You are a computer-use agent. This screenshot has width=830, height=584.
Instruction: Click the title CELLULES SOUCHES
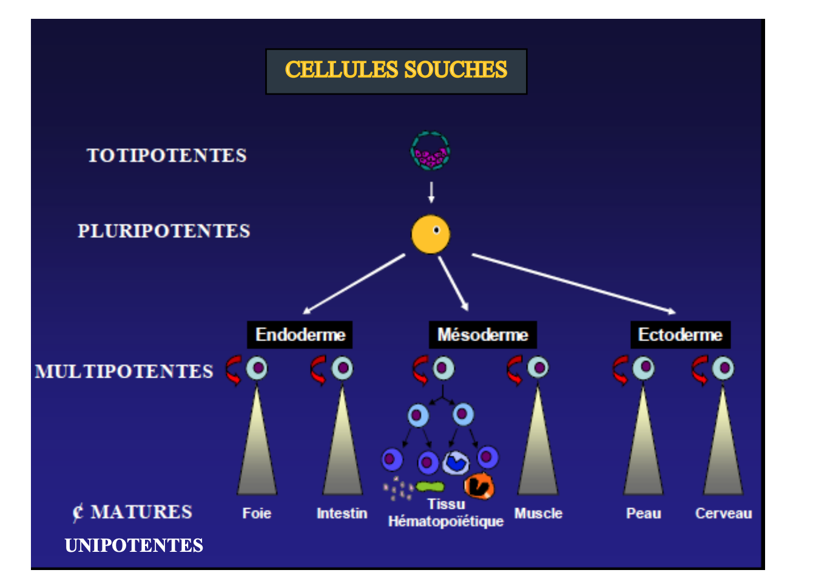pyautogui.click(x=396, y=70)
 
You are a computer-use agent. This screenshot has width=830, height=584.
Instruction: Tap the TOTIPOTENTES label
pyautogui.click(x=167, y=155)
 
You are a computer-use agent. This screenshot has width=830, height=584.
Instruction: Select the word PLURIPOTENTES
pyautogui.click(x=164, y=231)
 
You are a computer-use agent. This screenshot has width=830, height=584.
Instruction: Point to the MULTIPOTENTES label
pyautogui.click(x=124, y=372)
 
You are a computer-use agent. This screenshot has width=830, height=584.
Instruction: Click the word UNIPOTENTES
pyautogui.click(x=134, y=546)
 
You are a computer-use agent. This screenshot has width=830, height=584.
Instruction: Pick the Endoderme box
pyautogui.click(x=300, y=334)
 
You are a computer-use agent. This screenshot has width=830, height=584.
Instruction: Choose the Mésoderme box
pyautogui.click(x=482, y=334)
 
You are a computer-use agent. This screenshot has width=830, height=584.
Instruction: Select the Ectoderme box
pyautogui.click(x=680, y=334)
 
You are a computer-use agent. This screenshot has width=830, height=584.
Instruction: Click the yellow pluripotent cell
pyautogui.click(x=431, y=234)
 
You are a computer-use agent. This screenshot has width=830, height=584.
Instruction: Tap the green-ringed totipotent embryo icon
pyautogui.click(x=430, y=151)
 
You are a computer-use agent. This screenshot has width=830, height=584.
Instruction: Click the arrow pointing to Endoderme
pyautogui.click(x=354, y=284)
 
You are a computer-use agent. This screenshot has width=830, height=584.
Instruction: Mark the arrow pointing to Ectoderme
pyautogui.click(x=573, y=283)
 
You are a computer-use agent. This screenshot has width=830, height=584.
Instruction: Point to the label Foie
pyautogui.click(x=257, y=514)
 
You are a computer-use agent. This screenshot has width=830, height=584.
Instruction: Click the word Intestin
pyautogui.click(x=342, y=514)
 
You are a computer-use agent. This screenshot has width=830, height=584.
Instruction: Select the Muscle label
pyautogui.click(x=538, y=514)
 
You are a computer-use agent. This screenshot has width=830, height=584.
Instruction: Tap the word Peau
pyautogui.click(x=643, y=514)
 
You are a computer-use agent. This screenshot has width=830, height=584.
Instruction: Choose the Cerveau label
pyautogui.click(x=723, y=514)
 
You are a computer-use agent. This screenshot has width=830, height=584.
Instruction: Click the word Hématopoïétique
pyautogui.click(x=446, y=521)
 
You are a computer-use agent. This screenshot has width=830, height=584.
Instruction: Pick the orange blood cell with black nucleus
pyautogui.click(x=479, y=486)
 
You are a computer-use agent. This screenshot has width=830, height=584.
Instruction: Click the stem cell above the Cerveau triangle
pyautogui.click(x=723, y=368)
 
